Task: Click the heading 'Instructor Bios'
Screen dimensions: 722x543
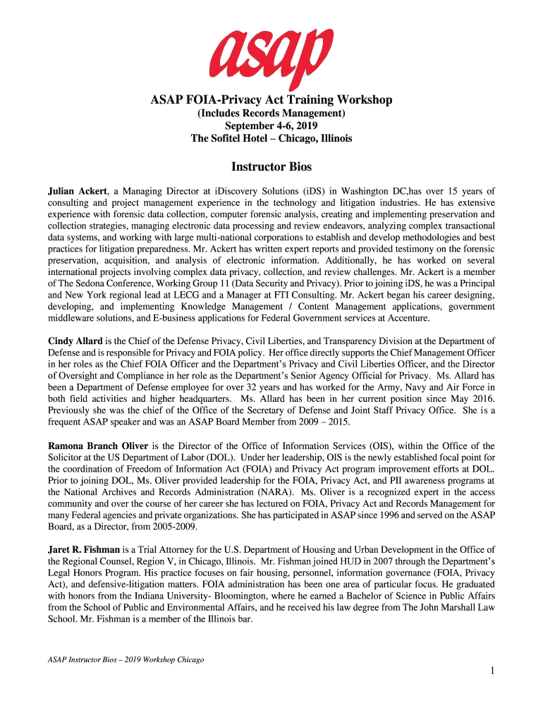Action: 271,168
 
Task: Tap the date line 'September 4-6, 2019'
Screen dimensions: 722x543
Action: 271,126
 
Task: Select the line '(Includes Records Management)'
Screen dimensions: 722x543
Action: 271,113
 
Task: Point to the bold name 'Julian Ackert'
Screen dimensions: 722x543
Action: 78,192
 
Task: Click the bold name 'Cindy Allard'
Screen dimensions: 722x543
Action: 74,341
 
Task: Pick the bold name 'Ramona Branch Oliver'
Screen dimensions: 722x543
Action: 98,446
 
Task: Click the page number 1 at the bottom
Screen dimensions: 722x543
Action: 492,671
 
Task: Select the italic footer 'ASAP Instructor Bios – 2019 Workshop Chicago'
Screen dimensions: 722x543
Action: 126,660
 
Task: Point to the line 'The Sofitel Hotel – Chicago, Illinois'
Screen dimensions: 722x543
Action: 271,138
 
